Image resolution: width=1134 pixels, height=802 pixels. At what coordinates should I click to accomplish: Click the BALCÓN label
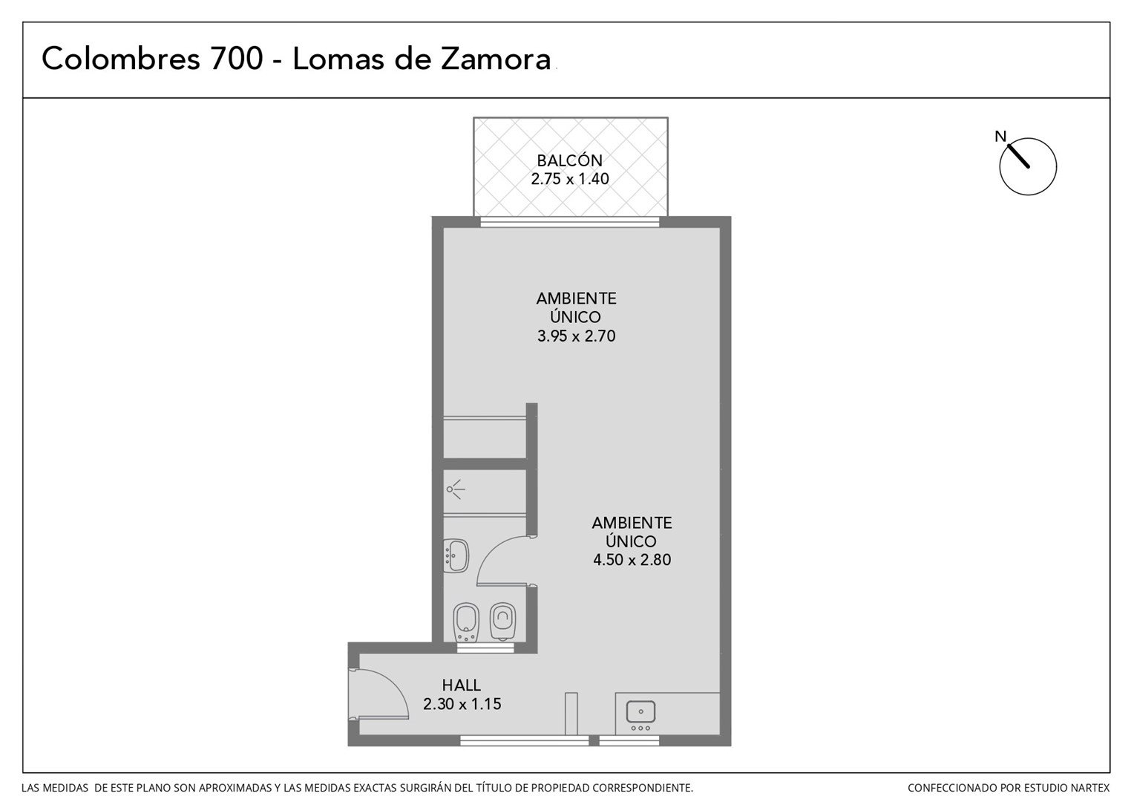(x=569, y=160)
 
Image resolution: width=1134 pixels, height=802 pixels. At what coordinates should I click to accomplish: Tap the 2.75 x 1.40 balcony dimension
(x=569, y=179)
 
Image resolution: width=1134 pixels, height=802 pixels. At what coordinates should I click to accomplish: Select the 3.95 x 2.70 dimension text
(x=576, y=336)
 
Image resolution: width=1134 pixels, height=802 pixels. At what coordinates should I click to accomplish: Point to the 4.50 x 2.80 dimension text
(x=632, y=560)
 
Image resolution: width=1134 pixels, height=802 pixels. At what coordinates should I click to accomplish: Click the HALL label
(x=461, y=685)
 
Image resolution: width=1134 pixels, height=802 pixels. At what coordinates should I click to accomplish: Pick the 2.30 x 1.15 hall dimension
(x=462, y=704)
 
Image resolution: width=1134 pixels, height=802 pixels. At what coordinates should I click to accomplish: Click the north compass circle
(x=1028, y=166)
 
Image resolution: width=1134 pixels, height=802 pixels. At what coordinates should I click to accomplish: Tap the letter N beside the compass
(x=1000, y=137)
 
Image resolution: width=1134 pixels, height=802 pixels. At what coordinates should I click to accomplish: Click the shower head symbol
(x=455, y=489)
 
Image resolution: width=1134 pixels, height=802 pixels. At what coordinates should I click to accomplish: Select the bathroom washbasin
(x=456, y=555)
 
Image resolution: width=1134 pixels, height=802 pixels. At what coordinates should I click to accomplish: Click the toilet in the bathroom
(x=502, y=622)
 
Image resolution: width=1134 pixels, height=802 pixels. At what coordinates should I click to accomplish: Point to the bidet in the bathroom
(x=466, y=622)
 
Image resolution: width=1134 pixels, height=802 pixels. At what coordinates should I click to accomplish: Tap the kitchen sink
(x=640, y=711)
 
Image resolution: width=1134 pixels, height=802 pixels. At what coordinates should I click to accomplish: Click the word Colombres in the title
(x=121, y=58)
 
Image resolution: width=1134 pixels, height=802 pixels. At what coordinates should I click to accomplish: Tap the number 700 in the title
(x=237, y=58)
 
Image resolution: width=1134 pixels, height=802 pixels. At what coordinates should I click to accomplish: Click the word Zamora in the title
(x=496, y=59)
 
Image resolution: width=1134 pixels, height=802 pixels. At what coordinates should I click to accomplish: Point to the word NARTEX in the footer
(x=1087, y=788)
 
